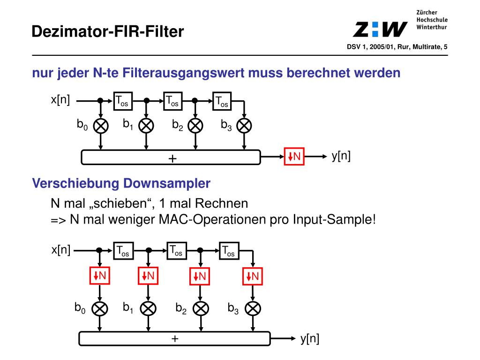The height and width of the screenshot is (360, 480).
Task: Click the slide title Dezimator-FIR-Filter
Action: [108, 31]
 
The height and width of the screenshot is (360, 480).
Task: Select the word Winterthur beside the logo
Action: [431, 27]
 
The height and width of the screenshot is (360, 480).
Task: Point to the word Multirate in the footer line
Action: [426, 47]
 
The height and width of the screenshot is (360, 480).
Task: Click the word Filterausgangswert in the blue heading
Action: [178, 73]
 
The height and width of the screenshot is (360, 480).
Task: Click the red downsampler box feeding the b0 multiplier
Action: [100, 276]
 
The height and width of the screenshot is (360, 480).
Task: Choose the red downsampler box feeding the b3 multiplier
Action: [253, 276]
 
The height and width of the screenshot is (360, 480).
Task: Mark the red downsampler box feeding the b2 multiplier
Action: [200, 276]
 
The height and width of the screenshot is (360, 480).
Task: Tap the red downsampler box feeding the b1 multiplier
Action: [148, 276]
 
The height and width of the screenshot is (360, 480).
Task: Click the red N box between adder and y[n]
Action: [294, 157]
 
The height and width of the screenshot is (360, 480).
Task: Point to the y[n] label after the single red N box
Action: [341, 156]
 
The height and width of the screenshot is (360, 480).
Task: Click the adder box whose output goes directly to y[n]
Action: [174, 338]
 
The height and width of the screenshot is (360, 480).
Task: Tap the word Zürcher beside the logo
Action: [427, 12]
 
